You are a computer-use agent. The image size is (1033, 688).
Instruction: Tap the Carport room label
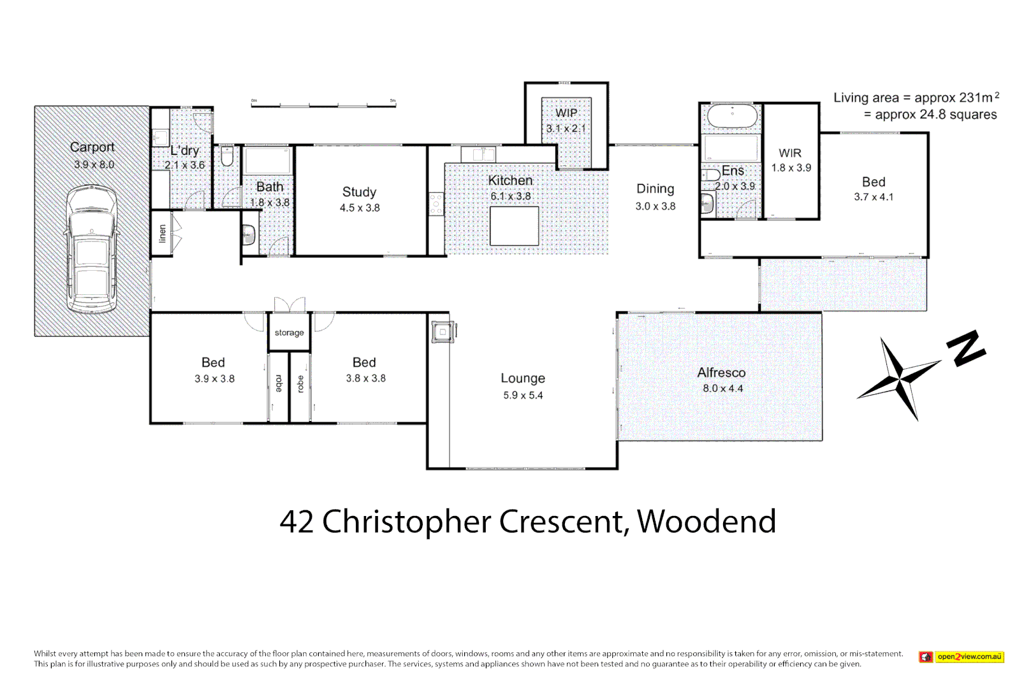(92, 147)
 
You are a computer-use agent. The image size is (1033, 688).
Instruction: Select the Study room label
(359, 192)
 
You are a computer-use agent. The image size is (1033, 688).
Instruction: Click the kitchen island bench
(515, 227)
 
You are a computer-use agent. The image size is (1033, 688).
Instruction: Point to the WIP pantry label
(566, 113)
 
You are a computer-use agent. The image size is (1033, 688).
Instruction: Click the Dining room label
(655, 189)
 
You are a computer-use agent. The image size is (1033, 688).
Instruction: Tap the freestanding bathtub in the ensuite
(731, 117)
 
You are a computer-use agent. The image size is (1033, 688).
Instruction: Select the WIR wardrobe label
(790, 153)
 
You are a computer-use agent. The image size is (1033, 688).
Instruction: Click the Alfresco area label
(721, 373)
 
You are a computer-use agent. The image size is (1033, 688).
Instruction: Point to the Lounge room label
(523, 378)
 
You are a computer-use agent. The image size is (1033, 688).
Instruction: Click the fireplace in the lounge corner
(443, 332)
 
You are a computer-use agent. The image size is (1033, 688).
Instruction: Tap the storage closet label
(289, 333)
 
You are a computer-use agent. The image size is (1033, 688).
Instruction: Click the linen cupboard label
(162, 234)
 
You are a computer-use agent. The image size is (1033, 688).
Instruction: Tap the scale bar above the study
(323, 104)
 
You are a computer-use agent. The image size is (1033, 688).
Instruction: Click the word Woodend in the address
(707, 522)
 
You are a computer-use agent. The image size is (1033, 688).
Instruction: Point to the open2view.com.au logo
(962, 657)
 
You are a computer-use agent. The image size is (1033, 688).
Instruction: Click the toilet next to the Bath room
(227, 156)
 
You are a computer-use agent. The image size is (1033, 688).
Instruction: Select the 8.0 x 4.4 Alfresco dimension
(722, 389)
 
